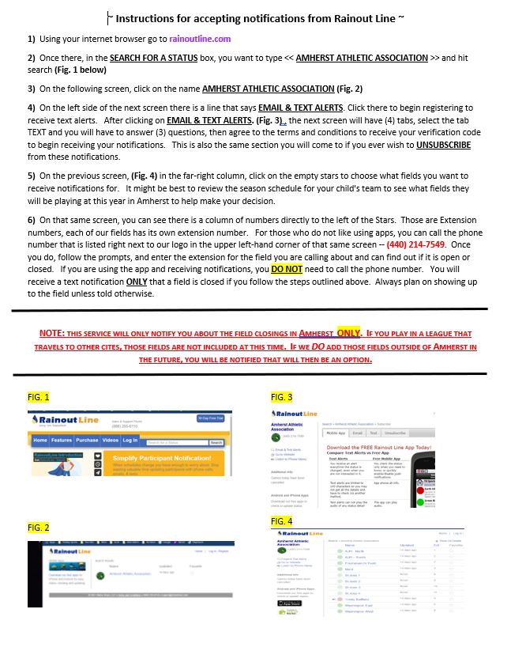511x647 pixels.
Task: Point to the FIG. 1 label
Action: [x=38, y=397]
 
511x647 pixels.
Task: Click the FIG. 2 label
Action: [x=38, y=527]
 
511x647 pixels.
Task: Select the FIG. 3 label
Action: [x=281, y=397]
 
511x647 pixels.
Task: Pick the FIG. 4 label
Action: [x=281, y=522]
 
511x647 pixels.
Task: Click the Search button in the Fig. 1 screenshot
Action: [x=216, y=443]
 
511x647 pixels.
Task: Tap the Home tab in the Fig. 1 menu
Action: [x=40, y=441]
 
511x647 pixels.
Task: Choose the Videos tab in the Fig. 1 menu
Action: [x=110, y=441]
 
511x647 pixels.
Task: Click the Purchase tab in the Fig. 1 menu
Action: [x=87, y=441]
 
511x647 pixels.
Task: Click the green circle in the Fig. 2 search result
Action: [x=102, y=573]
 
